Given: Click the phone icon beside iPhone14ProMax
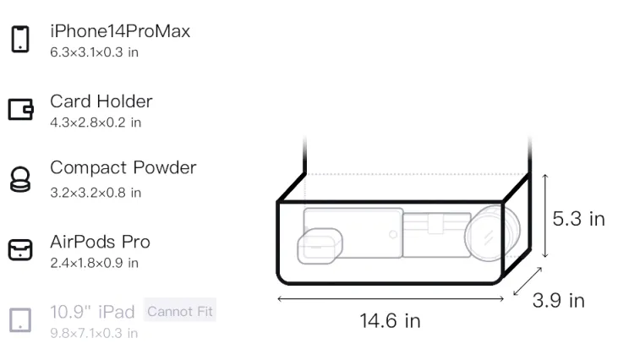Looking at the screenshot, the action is pos(20,39).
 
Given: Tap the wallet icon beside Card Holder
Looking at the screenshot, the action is pos(20,109).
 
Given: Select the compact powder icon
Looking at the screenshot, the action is pos(19,179).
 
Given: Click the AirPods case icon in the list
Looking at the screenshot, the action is pos(20,249).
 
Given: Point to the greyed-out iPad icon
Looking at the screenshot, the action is pos(20,320).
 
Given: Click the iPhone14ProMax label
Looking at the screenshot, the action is pos(120,31).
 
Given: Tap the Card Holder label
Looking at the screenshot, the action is pos(101,101).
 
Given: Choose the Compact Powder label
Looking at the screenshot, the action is pos(123,167).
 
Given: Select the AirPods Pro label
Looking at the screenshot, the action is pos(101,242).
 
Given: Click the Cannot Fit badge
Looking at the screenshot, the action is pos(180,312).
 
